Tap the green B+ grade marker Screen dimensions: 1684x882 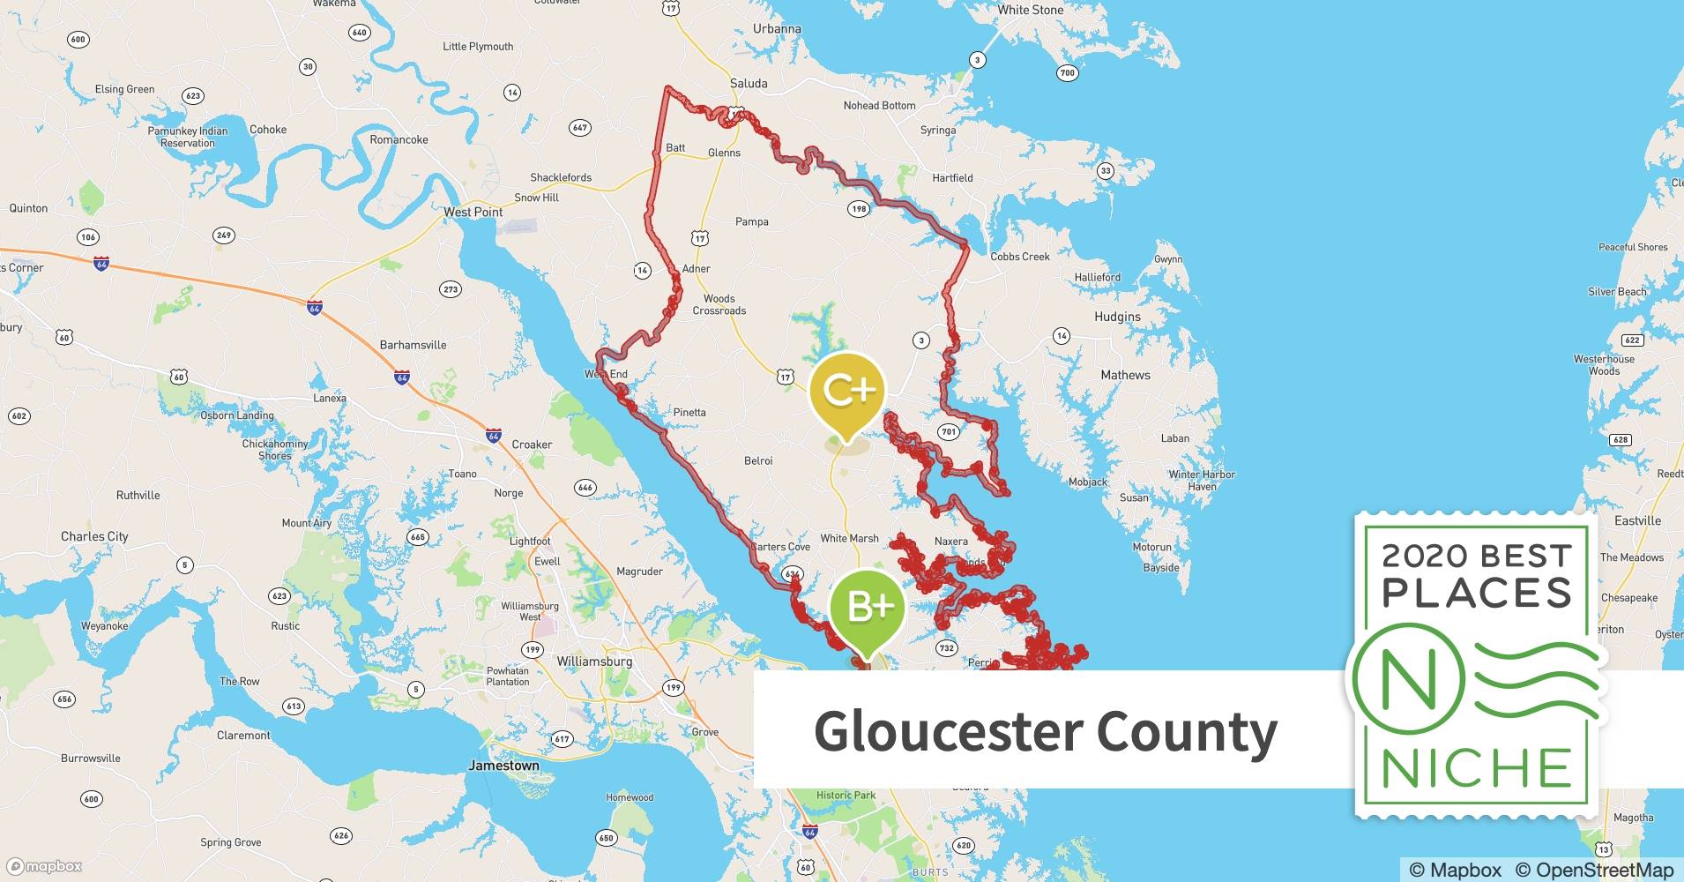click(x=868, y=607)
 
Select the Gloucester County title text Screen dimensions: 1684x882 click(x=1045, y=731)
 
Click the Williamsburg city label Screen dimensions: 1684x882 click(x=594, y=661)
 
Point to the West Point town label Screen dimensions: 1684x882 click(x=473, y=212)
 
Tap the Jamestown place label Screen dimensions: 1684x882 click(x=503, y=766)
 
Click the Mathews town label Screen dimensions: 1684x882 click(x=1125, y=375)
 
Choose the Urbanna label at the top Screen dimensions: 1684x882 click(x=777, y=28)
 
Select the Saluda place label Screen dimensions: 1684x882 click(x=749, y=83)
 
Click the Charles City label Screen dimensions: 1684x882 click(x=94, y=536)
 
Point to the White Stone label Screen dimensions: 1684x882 click(x=1030, y=10)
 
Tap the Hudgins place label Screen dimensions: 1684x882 click(x=1117, y=317)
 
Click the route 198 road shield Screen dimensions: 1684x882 click(x=859, y=209)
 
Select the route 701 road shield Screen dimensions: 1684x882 click(x=948, y=431)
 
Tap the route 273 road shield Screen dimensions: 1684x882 click(x=451, y=289)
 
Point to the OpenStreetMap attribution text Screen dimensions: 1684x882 click(x=1594, y=870)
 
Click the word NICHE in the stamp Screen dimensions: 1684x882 click(x=1477, y=768)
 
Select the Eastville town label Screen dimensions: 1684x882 click(x=1637, y=520)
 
